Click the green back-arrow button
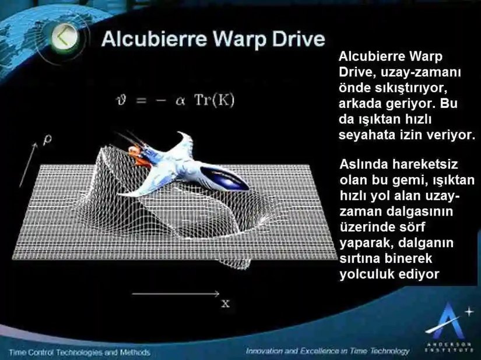65,38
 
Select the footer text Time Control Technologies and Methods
80,352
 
